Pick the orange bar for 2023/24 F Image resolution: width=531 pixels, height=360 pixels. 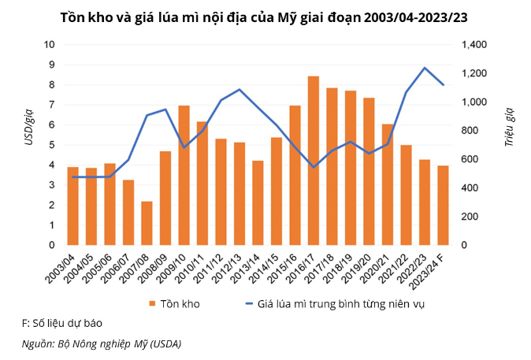point(444,206)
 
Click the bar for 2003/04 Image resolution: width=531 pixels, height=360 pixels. point(72,206)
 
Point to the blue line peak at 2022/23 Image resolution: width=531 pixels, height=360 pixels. point(425,68)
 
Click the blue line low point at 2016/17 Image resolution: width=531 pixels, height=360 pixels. point(314,167)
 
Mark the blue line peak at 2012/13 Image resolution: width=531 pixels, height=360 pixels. point(240,90)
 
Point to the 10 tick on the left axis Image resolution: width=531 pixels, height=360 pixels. point(49,45)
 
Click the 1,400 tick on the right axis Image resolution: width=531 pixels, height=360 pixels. point(473,45)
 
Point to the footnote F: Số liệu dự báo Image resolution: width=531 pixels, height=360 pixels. point(61,323)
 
